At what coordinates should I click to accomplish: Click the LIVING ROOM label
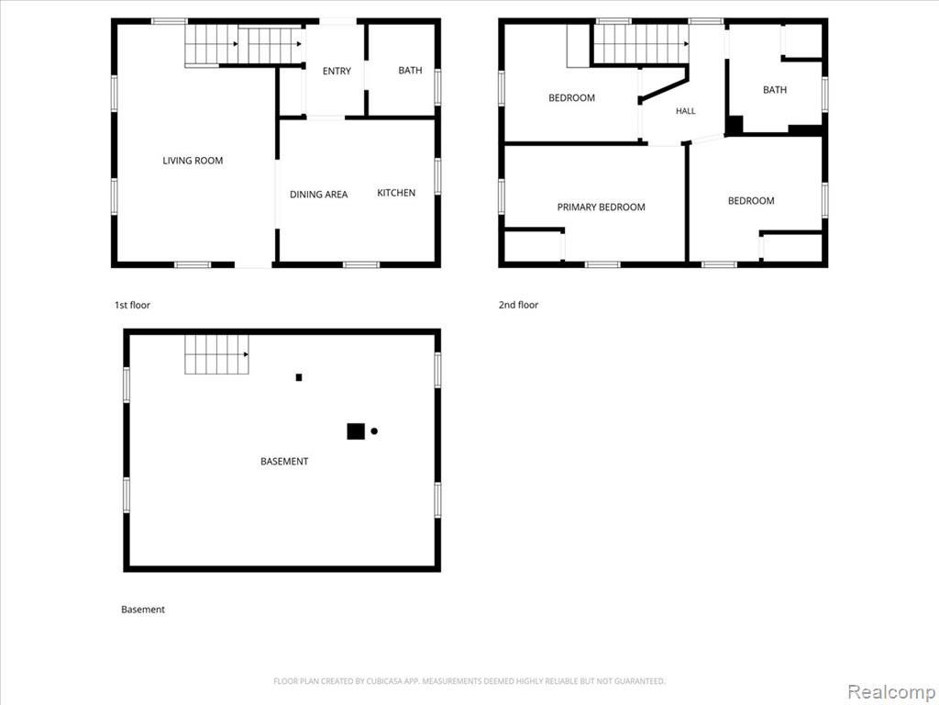193,161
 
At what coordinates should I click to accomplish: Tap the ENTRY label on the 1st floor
337,72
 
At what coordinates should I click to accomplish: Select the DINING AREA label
318,195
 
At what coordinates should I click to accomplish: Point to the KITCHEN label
396,193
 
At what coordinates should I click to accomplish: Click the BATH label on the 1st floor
410,70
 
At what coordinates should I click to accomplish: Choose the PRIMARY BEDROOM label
602,207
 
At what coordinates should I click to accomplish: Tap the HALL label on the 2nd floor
686,111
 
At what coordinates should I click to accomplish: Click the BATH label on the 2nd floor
775,90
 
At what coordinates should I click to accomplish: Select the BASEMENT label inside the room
284,461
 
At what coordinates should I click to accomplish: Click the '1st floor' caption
132,305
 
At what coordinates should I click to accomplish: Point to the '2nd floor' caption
519,305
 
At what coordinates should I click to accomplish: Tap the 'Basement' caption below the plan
143,610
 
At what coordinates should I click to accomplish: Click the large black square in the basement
356,431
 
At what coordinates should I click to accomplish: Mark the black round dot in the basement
374,431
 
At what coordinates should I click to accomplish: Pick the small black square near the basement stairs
299,377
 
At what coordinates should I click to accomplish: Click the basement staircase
216,354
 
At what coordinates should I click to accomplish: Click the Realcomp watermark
891,691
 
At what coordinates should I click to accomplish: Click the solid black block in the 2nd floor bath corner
735,125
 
